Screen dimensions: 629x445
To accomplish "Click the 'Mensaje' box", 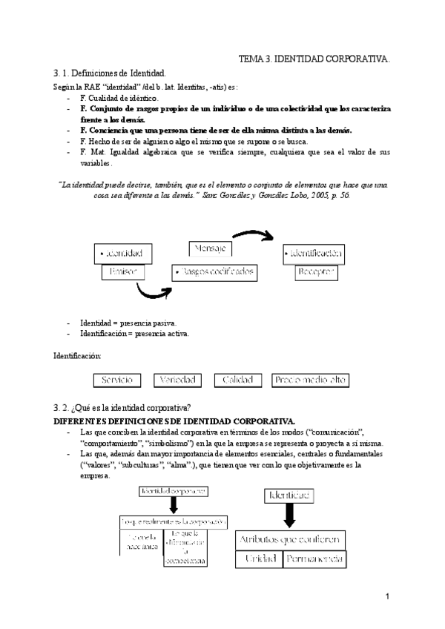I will click(211, 248).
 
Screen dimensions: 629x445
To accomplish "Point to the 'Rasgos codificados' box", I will click(214, 272).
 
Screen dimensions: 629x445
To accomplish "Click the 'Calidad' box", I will click(240, 380).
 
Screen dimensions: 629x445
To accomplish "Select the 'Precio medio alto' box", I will click(310, 380).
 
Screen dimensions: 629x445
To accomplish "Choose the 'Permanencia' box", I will click(316, 558).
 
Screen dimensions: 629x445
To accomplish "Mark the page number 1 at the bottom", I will click(387, 597).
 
